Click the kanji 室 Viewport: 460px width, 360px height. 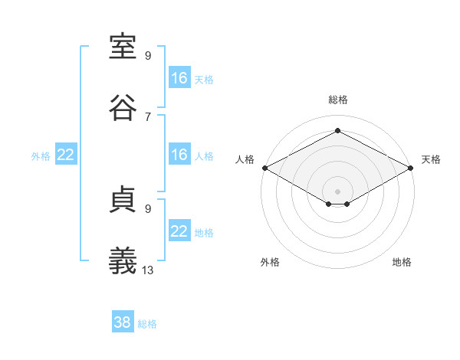coord(123,47)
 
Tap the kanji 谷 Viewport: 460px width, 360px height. coord(123,107)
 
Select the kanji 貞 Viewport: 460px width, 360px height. coord(123,199)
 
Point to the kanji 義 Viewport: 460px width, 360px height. coord(123,260)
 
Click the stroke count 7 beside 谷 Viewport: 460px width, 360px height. coord(148,117)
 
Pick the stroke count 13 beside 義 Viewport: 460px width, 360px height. coord(147,270)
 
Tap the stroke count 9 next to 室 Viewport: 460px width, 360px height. coord(148,55)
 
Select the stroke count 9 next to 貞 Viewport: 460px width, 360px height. coord(148,209)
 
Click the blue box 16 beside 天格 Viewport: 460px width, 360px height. coord(179,77)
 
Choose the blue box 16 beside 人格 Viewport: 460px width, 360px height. coord(179,154)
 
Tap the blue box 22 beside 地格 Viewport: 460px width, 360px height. coord(179,230)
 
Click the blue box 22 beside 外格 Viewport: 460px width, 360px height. coord(66,154)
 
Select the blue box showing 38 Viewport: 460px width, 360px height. coord(123,321)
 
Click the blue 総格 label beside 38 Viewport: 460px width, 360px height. coord(147,324)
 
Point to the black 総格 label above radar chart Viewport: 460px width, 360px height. coord(338,100)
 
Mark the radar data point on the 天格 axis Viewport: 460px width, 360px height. coord(410,168)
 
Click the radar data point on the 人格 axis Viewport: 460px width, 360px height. coord(265,168)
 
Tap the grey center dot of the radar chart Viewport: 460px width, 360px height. coord(337,191)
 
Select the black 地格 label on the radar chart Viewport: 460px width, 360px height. coord(402,262)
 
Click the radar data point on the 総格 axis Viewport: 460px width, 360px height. coord(337,130)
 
